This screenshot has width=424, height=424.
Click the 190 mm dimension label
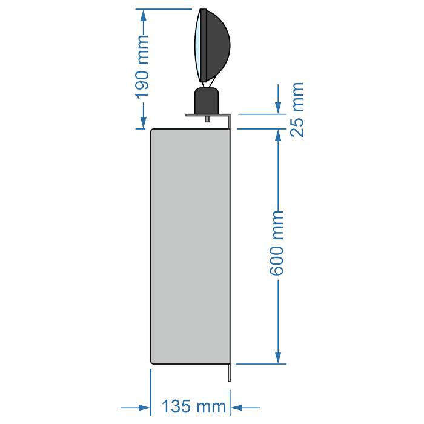click(x=142, y=67)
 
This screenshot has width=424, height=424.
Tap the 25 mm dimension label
click(x=297, y=110)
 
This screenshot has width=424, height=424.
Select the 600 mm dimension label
click(x=276, y=243)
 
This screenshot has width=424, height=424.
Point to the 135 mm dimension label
click(x=194, y=406)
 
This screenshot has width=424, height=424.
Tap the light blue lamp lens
click(x=197, y=45)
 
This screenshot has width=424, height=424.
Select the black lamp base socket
click(x=207, y=101)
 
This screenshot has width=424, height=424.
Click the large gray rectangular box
click(x=190, y=247)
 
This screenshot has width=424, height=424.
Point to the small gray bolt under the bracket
click(x=207, y=119)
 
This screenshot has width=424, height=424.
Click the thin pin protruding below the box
click(x=230, y=373)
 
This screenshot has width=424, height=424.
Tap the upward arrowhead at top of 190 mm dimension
click(x=144, y=16)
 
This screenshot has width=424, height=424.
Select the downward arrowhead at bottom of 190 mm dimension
click(x=144, y=122)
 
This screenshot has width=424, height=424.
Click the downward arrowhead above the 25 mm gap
click(x=278, y=108)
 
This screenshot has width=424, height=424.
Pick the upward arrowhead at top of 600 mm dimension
click(x=278, y=136)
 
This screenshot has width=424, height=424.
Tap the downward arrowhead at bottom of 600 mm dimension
click(x=278, y=357)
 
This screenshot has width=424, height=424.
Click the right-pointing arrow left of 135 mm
click(x=136, y=408)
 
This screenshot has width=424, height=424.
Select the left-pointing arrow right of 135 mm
click(x=245, y=408)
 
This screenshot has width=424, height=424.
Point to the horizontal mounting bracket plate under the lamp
click(x=208, y=115)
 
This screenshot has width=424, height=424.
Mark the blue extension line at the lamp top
click(x=164, y=9)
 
